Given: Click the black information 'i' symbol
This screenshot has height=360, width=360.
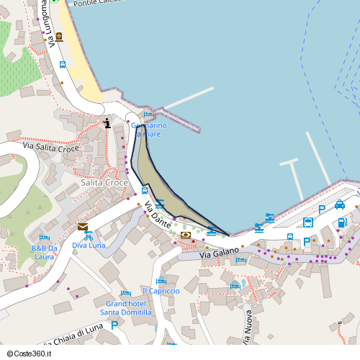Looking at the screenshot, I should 107,123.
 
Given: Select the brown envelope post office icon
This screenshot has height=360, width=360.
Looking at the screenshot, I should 83,226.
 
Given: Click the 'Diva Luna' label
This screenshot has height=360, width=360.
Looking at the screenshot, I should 89,245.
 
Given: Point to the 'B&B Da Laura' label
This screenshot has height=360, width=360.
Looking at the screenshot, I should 44,253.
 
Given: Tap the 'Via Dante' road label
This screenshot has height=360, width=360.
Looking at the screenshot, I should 158,215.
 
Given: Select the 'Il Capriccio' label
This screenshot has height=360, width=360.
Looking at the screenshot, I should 161,291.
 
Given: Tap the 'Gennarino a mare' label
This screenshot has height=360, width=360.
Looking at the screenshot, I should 148,130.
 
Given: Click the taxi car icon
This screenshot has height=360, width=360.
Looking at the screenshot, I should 340,204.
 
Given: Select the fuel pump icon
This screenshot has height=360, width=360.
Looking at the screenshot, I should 341,222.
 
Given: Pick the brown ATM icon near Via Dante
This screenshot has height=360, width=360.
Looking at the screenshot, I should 186,235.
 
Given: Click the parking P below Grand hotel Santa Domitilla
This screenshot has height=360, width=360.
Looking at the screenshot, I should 114,325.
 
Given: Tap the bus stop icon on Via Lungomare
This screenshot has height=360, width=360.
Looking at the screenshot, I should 63,65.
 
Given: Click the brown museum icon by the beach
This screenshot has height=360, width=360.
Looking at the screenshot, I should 59,37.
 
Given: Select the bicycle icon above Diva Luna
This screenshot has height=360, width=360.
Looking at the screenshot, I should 89,235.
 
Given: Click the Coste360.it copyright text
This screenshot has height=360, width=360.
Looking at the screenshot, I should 32,353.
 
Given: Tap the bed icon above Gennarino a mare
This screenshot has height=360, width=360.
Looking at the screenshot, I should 148,114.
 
